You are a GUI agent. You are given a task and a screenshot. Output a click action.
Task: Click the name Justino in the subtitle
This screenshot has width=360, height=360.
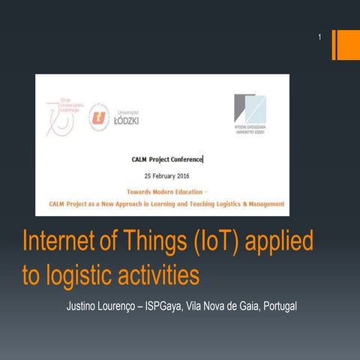(84, 307)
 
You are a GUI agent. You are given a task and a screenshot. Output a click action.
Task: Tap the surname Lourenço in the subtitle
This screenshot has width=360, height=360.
(130, 307)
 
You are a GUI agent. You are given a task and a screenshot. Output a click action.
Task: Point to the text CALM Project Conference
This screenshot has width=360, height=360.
(166, 159)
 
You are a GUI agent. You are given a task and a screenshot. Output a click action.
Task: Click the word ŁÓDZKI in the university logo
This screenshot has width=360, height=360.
(125, 120)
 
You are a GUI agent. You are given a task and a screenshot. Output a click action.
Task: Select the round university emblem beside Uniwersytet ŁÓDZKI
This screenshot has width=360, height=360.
(98, 117)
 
